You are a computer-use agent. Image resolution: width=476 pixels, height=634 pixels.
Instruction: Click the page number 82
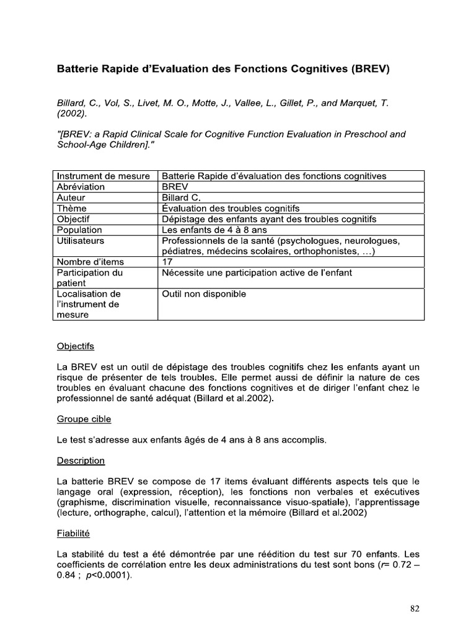[x=415, y=609]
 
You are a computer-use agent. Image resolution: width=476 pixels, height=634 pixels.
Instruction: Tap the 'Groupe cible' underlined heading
[x=84, y=419]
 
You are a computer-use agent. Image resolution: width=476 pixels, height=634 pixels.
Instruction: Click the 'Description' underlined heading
[x=81, y=461]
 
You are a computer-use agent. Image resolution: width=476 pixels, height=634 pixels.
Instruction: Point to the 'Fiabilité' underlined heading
[x=74, y=532]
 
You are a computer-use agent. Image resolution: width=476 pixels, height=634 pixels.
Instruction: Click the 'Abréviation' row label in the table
[x=81, y=187]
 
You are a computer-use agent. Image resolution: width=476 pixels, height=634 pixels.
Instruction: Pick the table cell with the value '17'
[x=167, y=262]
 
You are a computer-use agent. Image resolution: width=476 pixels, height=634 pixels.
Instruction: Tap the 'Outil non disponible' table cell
[x=204, y=294]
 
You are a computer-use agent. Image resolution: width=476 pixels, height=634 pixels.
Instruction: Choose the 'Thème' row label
[x=71, y=209]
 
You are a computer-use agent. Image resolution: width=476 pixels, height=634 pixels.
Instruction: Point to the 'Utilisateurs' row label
[x=81, y=241]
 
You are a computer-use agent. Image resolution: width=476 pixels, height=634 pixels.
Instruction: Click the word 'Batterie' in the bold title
[x=79, y=69]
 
